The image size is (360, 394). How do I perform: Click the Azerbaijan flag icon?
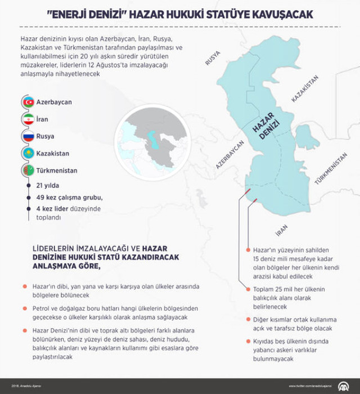point(28,102)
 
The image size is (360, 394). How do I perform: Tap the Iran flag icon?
point(28,119)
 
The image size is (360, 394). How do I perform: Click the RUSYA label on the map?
point(214,59)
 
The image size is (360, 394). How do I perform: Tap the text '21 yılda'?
point(47,185)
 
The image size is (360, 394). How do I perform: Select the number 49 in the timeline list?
point(40,197)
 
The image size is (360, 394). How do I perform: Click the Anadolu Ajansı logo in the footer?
point(342,386)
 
